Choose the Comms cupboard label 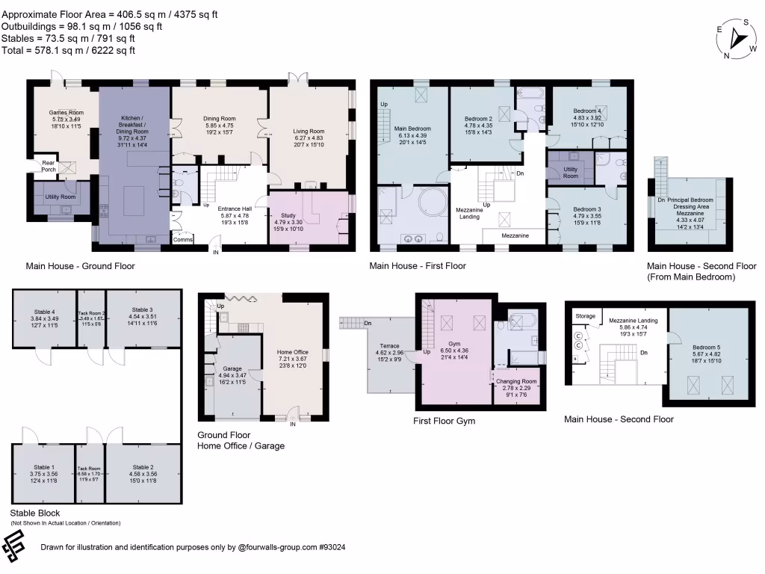pos(182,240)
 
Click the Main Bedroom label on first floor pos(413,128)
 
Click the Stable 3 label pos(142,309)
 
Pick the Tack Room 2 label pos(92,313)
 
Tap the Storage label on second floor pos(586,316)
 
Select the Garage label pos(232,368)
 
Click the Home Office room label pos(293,351)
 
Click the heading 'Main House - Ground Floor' pos(80,266)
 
